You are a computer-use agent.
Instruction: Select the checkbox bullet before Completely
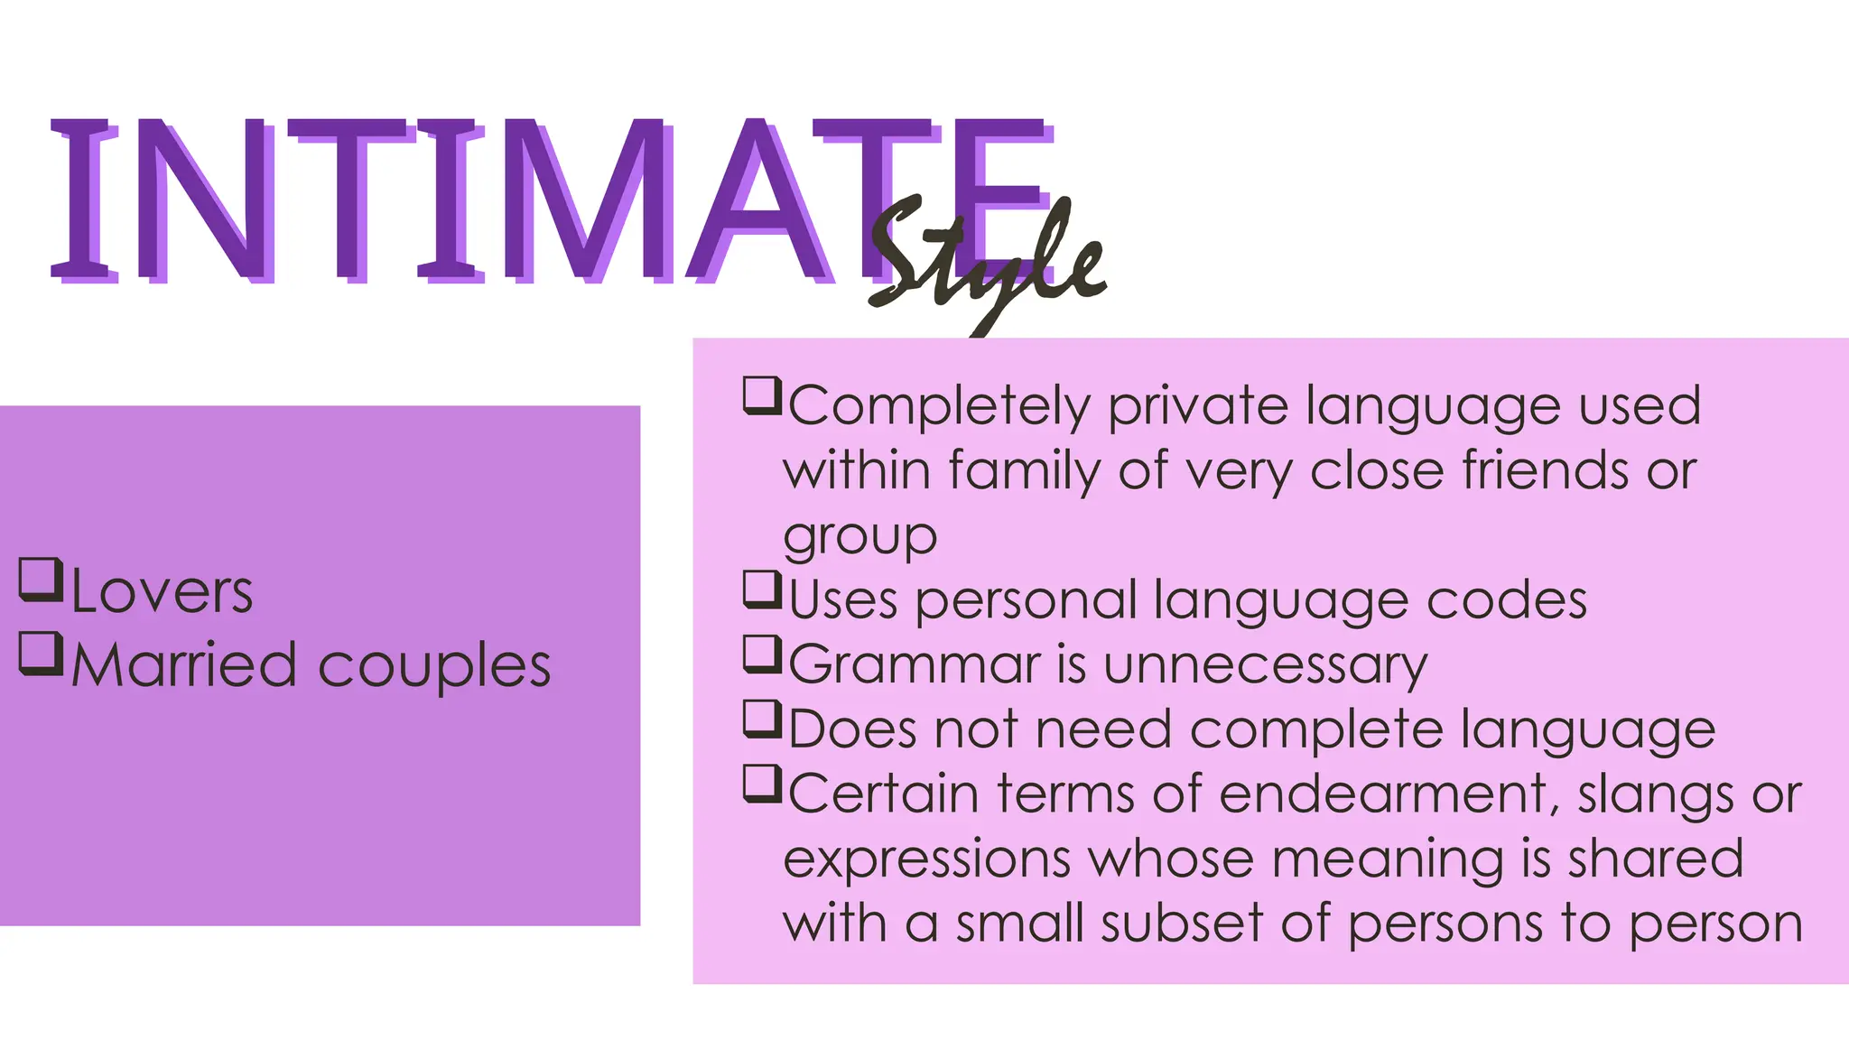(x=761, y=395)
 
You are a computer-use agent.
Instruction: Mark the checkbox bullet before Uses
(x=761, y=590)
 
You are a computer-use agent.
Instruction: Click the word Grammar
(x=915, y=665)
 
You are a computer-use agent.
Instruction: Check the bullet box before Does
(x=761, y=719)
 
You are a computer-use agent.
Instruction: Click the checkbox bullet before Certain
(x=761, y=784)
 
